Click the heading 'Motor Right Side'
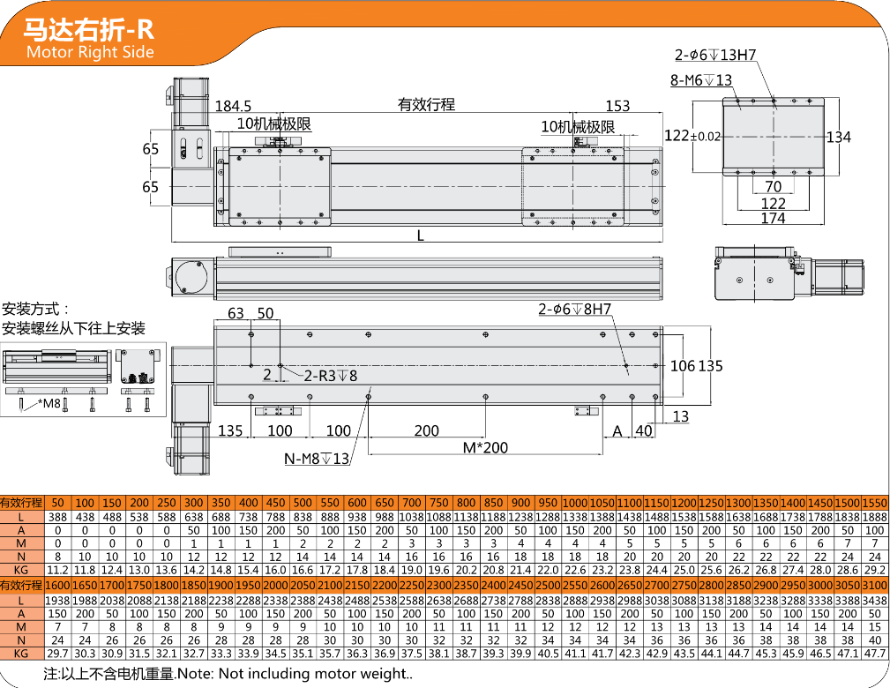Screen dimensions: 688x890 point(90,52)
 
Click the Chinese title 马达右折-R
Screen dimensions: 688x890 point(88,28)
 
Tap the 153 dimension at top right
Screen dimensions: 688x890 point(617,106)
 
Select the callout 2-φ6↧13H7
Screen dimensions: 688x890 point(715,55)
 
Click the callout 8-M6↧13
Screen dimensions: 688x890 point(701,80)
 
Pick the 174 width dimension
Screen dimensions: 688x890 point(773,218)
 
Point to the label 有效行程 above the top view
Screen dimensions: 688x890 point(426,104)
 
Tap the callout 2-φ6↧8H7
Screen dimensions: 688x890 point(574,309)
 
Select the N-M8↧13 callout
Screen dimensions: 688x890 point(317,459)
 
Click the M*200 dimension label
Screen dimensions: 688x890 point(485,447)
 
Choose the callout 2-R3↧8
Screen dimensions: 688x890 point(331,375)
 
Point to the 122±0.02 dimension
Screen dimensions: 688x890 point(692,136)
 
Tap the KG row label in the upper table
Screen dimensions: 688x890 point(21,571)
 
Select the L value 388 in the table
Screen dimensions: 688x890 point(57,517)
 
